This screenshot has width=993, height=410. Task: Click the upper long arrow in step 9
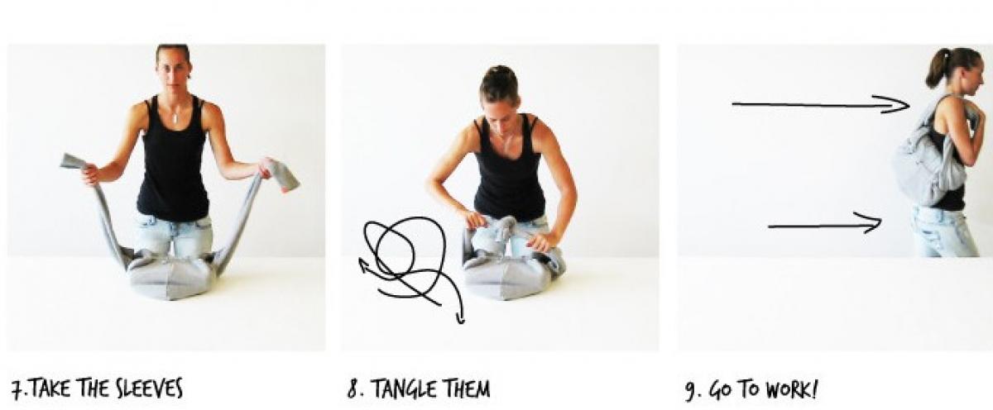[x=820, y=105]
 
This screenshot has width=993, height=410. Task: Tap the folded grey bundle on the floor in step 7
[x=170, y=277]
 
